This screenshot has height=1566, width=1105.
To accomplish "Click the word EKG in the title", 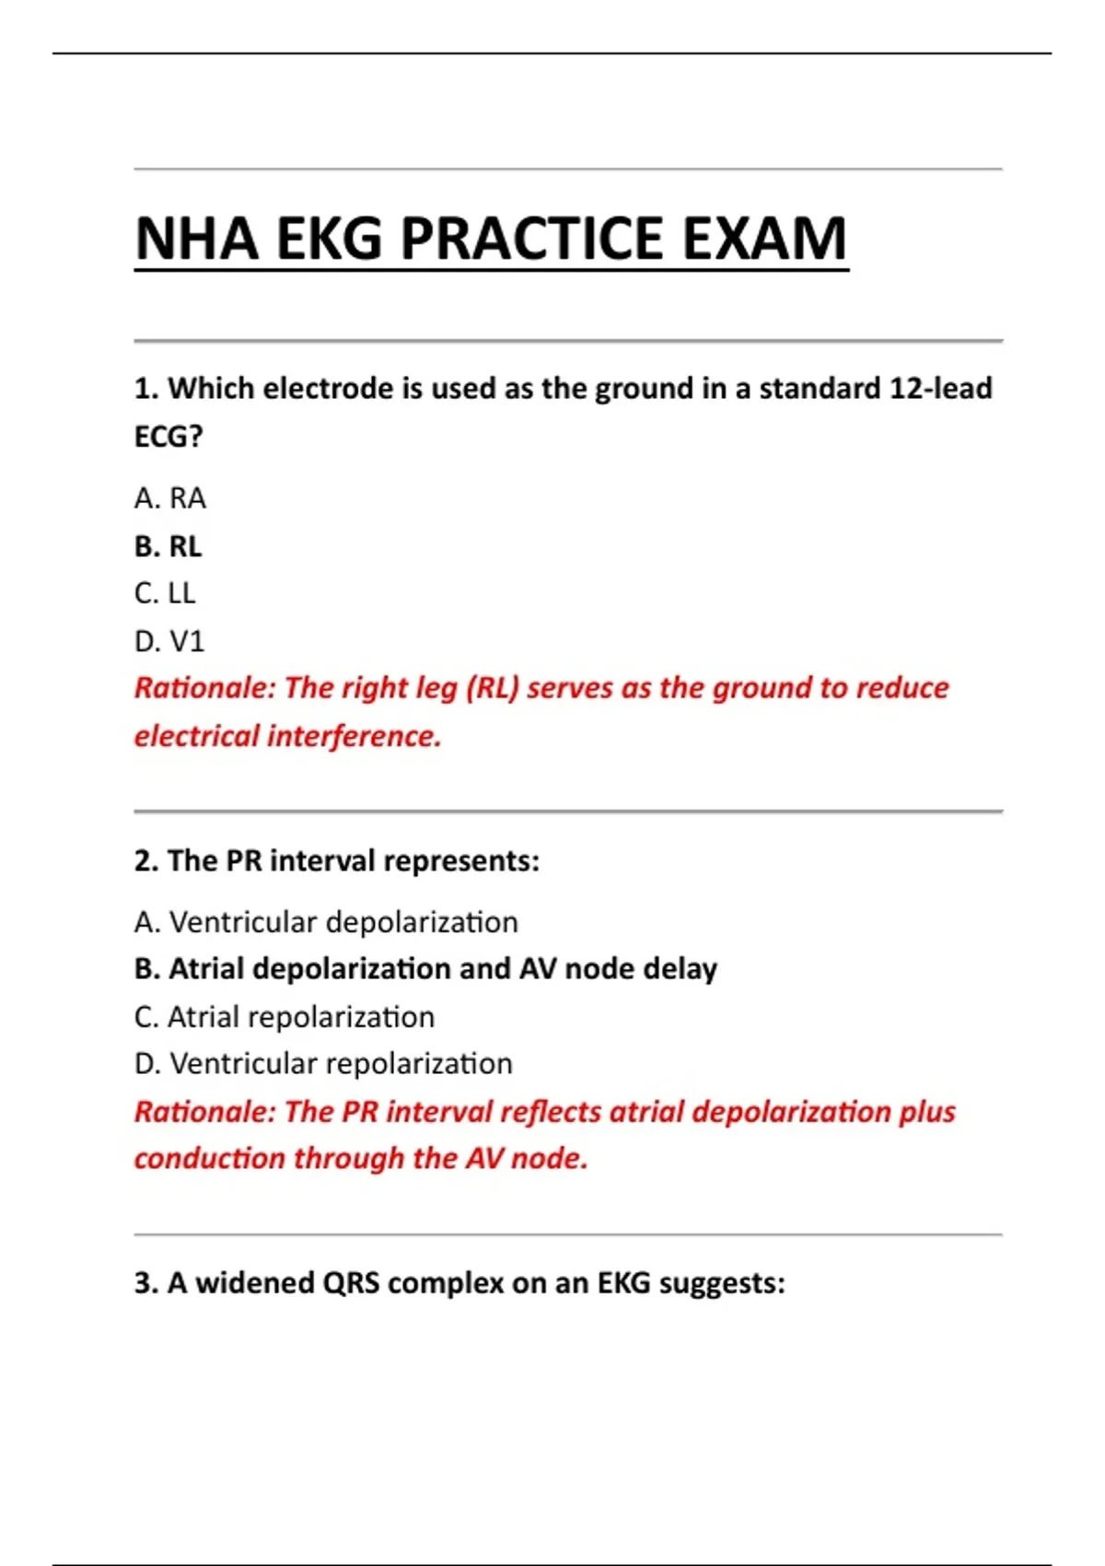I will pos(329,239).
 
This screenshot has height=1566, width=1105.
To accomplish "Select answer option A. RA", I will pos(170,498).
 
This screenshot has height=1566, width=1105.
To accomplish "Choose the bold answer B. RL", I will pos(168,546).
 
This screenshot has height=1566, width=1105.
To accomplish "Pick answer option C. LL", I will pos(165,593).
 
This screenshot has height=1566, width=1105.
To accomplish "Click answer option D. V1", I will pos(169,641).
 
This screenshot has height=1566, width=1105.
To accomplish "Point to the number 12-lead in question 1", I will pos(940,389).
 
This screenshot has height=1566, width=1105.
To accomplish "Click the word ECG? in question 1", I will pos(169,437).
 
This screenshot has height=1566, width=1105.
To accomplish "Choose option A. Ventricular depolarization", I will pos(326,922).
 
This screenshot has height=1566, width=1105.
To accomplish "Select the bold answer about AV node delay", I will pos(425,969).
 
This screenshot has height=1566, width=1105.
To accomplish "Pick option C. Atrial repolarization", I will pos(285,1017).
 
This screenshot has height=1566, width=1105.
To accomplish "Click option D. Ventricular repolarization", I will pos(323,1064).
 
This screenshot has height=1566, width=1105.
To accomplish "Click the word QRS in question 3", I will pos(351,1283).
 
